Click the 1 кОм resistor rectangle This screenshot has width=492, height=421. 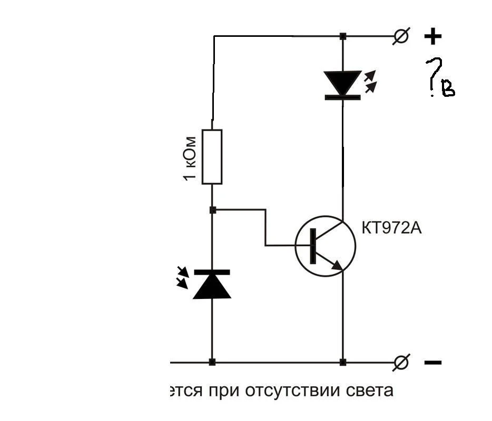(212, 157)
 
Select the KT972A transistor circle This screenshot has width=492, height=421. (325, 245)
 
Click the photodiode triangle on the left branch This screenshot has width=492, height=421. (212, 284)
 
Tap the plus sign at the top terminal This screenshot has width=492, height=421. (432, 36)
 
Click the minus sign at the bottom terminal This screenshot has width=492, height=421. (432, 363)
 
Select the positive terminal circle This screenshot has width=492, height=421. (401, 36)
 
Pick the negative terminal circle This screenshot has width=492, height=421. (401, 362)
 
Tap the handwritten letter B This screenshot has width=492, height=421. (448, 90)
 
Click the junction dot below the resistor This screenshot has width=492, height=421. (212, 210)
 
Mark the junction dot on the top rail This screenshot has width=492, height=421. (343, 36)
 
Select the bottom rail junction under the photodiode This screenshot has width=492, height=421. (212, 362)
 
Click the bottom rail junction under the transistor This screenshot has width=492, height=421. (343, 362)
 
